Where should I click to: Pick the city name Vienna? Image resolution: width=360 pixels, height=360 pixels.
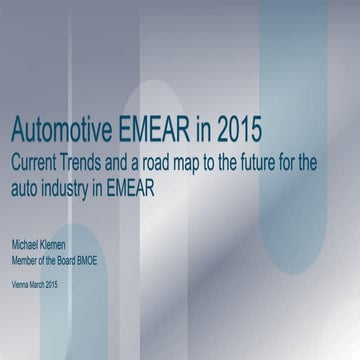21,286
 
